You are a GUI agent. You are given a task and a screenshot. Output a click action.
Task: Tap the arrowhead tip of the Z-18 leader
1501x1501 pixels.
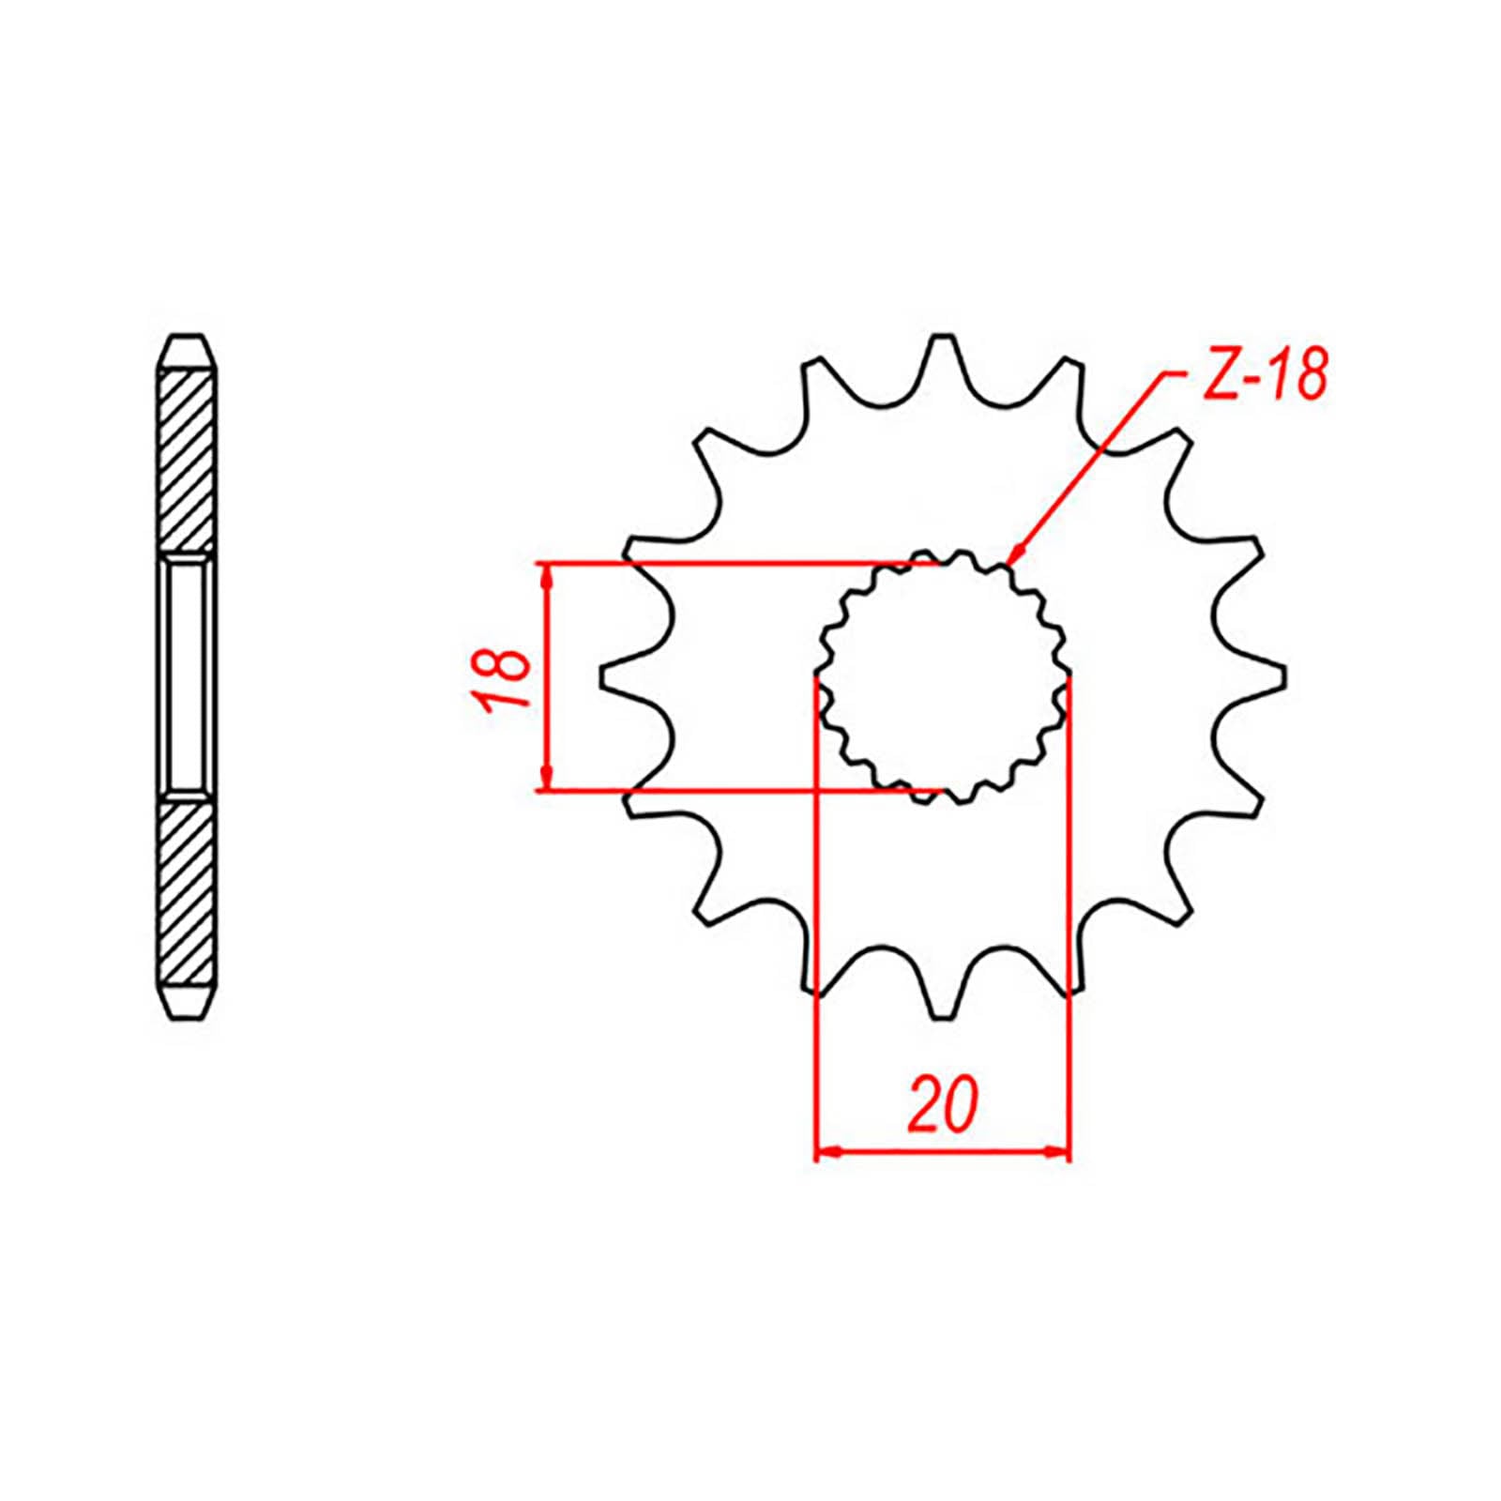click(1010, 560)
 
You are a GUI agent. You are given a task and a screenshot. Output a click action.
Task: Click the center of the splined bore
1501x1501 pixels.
click(944, 677)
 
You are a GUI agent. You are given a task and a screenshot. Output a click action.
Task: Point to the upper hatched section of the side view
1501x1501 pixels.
click(188, 460)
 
